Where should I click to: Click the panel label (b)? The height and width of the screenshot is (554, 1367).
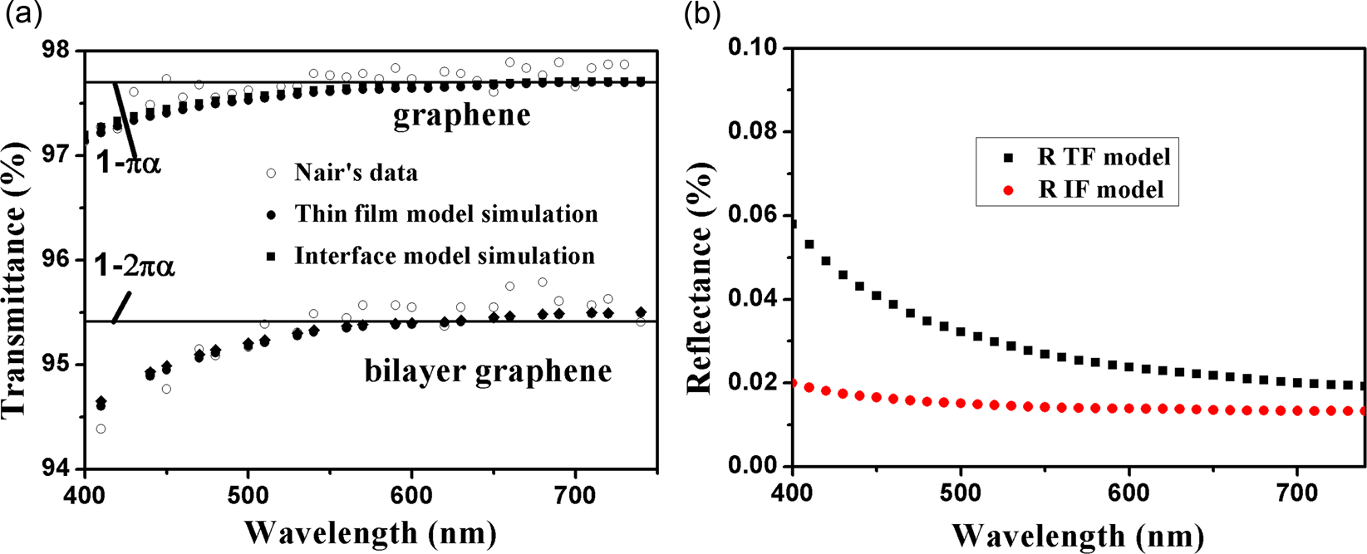point(701,15)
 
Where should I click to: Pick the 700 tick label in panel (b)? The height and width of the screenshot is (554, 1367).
point(1297,493)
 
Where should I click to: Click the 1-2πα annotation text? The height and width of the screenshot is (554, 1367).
point(134,267)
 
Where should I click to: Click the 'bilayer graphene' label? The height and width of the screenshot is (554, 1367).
point(488,370)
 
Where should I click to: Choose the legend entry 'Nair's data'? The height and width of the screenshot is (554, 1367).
point(356,173)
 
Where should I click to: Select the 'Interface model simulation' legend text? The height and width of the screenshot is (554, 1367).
point(445,256)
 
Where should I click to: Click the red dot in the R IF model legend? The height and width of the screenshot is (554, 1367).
point(1009,190)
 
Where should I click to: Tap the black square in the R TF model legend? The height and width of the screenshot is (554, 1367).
point(1009,156)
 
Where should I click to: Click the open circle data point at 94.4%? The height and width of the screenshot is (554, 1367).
point(101,429)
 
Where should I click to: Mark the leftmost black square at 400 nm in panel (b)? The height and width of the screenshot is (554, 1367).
point(794,223)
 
